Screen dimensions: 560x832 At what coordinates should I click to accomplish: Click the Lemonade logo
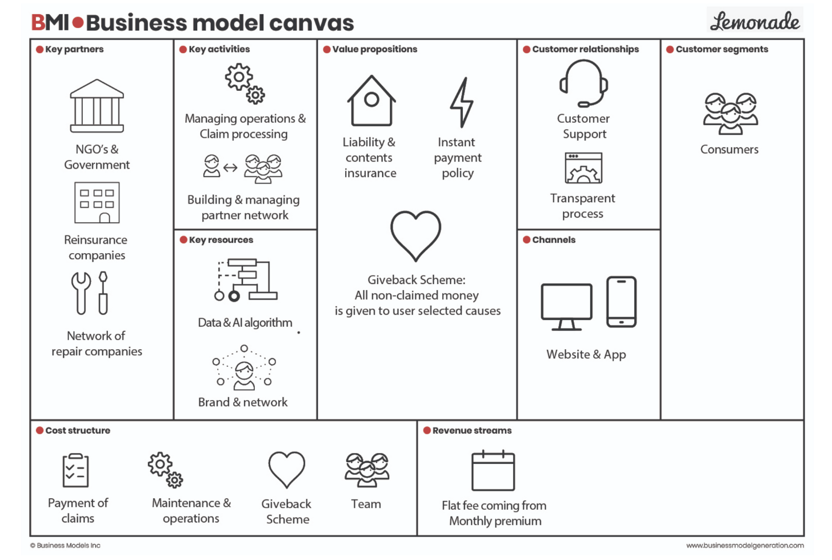point(754,21)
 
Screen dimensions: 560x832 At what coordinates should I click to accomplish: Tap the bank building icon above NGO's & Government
point(97,106)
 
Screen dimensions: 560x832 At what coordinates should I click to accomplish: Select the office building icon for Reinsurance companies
point(97,202)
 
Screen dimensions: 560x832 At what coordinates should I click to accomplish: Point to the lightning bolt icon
point(461,102)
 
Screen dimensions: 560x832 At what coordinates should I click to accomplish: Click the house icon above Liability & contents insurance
point(371,101)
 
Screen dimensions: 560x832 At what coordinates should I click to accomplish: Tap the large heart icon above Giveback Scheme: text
point(415,235)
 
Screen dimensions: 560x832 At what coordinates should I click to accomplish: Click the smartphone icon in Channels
point(621,302)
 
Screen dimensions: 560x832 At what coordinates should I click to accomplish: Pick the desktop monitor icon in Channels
point(566,306)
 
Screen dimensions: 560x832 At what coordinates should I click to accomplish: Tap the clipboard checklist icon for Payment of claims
point(75,470)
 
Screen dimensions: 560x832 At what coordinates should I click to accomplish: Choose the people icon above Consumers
point(730,113)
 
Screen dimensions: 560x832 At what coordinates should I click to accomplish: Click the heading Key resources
point(221,240)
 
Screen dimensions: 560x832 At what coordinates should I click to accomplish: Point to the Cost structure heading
point(78,430)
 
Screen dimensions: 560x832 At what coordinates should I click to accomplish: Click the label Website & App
point(586,354)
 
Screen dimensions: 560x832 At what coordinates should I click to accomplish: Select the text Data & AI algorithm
point(245,322)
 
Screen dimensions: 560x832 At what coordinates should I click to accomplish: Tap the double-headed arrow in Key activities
point(230,167)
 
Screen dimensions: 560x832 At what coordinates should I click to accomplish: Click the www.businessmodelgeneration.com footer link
point(745,545)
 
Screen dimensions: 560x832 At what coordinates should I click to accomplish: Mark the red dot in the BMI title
point(78,23)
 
